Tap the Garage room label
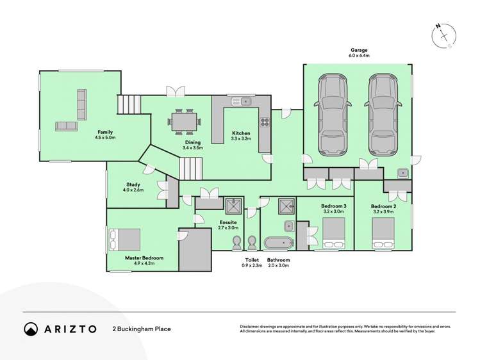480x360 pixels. point(360,50)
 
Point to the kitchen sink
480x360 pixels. point(242,101)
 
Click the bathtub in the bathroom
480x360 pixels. point(278,243)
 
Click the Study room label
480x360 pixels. point(134,184)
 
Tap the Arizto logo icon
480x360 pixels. point(31,329)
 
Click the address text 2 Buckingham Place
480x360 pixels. point(142,329)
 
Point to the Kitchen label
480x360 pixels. point(241,133)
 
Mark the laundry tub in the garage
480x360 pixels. point(402,172)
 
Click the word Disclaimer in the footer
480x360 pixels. point(252,327)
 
